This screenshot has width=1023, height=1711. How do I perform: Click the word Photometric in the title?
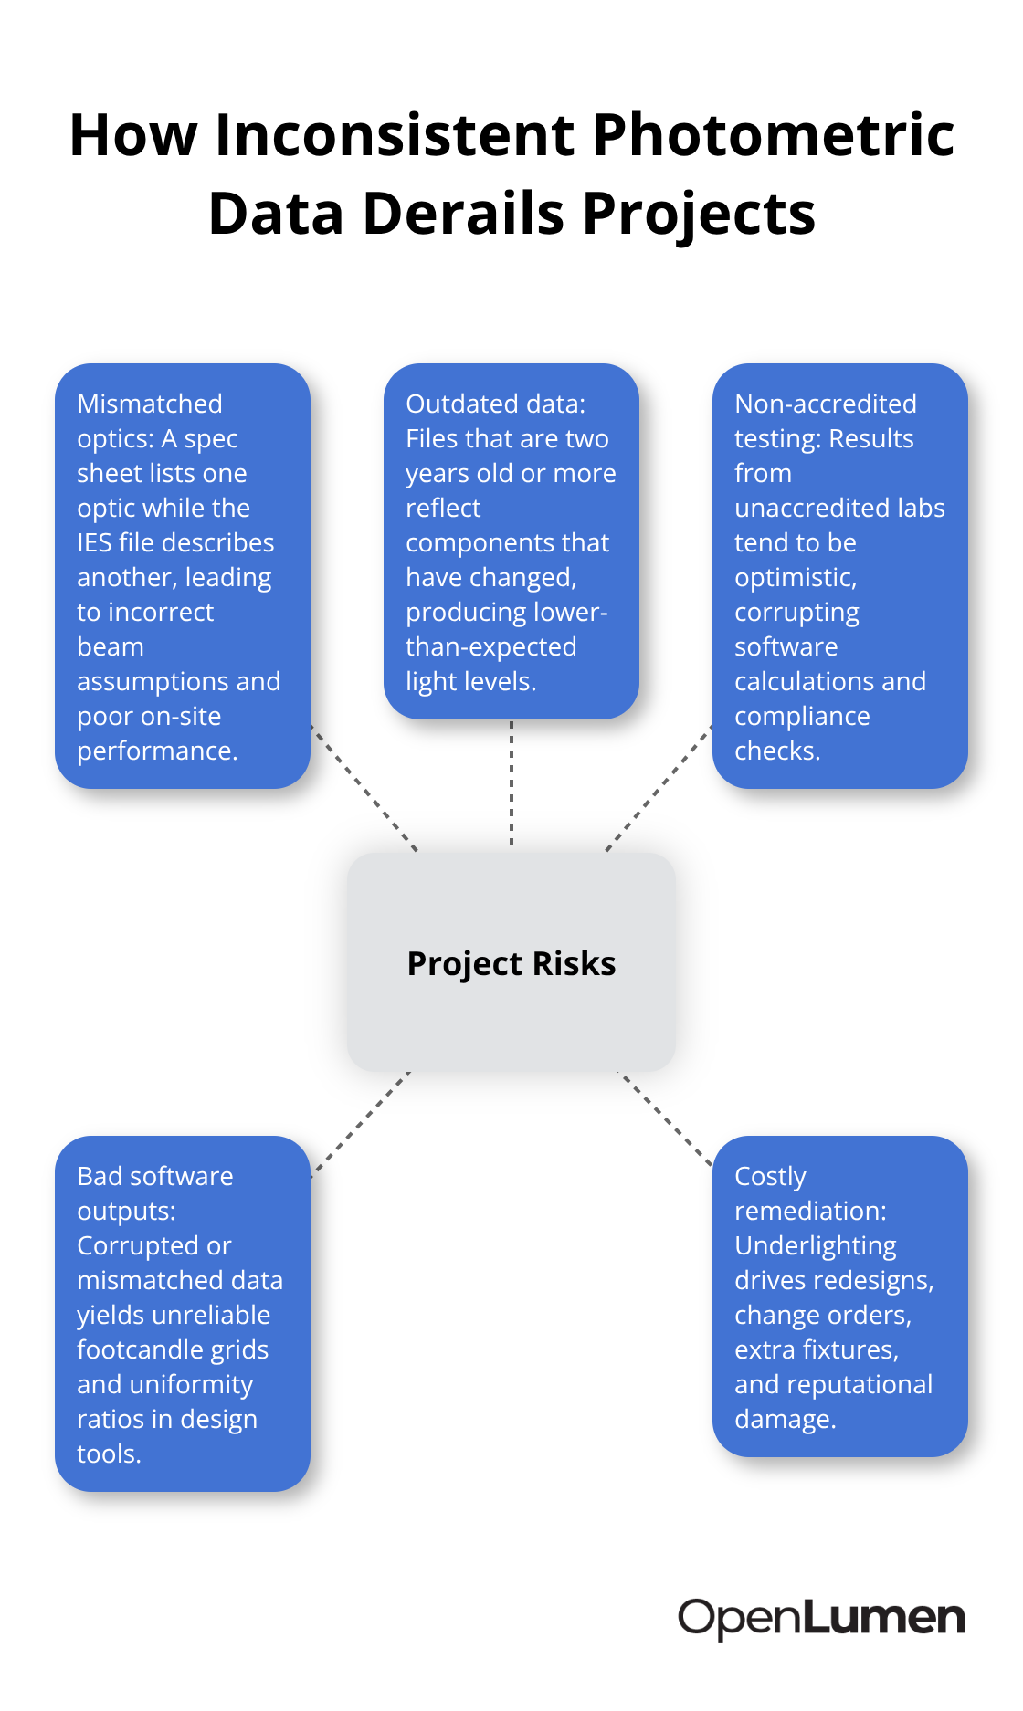774,135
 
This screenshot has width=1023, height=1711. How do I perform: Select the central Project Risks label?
511,964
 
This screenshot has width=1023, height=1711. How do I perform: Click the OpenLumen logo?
821,1619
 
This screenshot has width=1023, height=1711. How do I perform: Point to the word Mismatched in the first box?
150,404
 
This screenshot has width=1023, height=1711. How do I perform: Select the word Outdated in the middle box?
463,404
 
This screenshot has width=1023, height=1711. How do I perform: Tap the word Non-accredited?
826,404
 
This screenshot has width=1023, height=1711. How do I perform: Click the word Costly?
771,1177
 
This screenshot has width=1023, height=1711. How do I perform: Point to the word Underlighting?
816,1246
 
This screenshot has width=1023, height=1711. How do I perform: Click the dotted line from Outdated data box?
511,783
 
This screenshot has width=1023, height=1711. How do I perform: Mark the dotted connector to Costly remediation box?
666,1119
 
